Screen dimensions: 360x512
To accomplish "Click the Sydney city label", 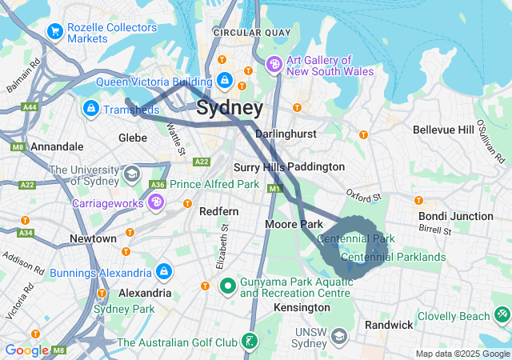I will point(229,108).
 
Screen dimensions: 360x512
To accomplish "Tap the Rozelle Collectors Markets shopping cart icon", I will point(55,31).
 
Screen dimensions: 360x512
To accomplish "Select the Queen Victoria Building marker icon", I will point(225,81).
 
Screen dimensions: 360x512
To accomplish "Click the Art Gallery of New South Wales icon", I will point(274,64).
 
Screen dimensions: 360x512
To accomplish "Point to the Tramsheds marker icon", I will point(90,108).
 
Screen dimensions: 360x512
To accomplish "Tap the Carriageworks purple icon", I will point(156,203).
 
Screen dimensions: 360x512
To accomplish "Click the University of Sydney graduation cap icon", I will point(130,173).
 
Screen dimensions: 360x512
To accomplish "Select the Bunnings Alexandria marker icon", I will point(164,272).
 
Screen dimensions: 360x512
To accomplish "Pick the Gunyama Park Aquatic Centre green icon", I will point(227,285).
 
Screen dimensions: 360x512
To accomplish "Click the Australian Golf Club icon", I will point(251,342).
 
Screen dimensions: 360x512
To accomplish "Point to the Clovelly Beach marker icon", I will point(502,315).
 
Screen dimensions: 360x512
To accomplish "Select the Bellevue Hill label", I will point(443,130).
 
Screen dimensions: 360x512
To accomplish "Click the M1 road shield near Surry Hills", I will point(275,189).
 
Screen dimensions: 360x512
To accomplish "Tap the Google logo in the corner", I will point(26,350).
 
